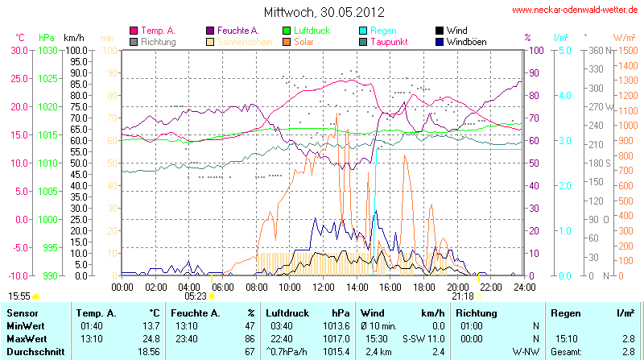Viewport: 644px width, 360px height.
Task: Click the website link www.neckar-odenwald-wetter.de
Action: pos(575,10)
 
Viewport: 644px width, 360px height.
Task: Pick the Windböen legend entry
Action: pos(465,41)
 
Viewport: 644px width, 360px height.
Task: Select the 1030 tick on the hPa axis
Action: pos(47,50)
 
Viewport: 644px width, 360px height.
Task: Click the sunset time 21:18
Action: pos(463,296)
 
